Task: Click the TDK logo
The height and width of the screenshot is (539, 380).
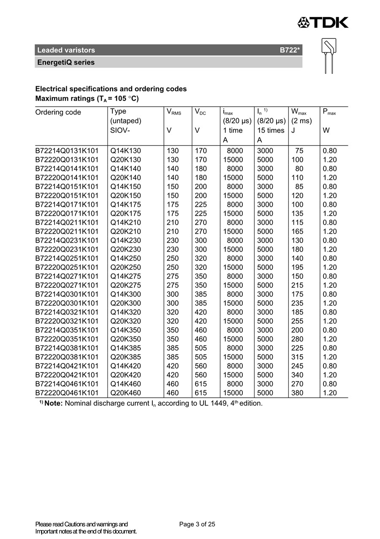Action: [323, 22]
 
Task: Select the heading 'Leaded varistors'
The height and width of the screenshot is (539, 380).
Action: [66, 50]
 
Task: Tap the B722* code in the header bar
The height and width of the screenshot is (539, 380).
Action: [290, 50]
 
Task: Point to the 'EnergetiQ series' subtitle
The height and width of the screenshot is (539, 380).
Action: [65, 63]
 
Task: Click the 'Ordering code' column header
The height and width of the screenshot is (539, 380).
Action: [58, 112]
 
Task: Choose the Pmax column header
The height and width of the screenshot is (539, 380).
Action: [329, 112]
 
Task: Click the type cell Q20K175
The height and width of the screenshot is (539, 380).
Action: [125, 213]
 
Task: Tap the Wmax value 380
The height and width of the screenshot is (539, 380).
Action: [297, 393]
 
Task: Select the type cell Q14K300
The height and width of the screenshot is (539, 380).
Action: [125, 294]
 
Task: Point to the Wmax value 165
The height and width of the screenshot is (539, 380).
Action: [297, 231]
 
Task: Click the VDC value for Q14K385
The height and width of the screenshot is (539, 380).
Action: [201, 348]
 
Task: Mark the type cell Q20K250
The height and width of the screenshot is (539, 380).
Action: [125, 267]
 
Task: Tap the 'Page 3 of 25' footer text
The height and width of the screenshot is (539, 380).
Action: [197, 524]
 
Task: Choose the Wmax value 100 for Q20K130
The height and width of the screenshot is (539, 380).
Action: [297, 160]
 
